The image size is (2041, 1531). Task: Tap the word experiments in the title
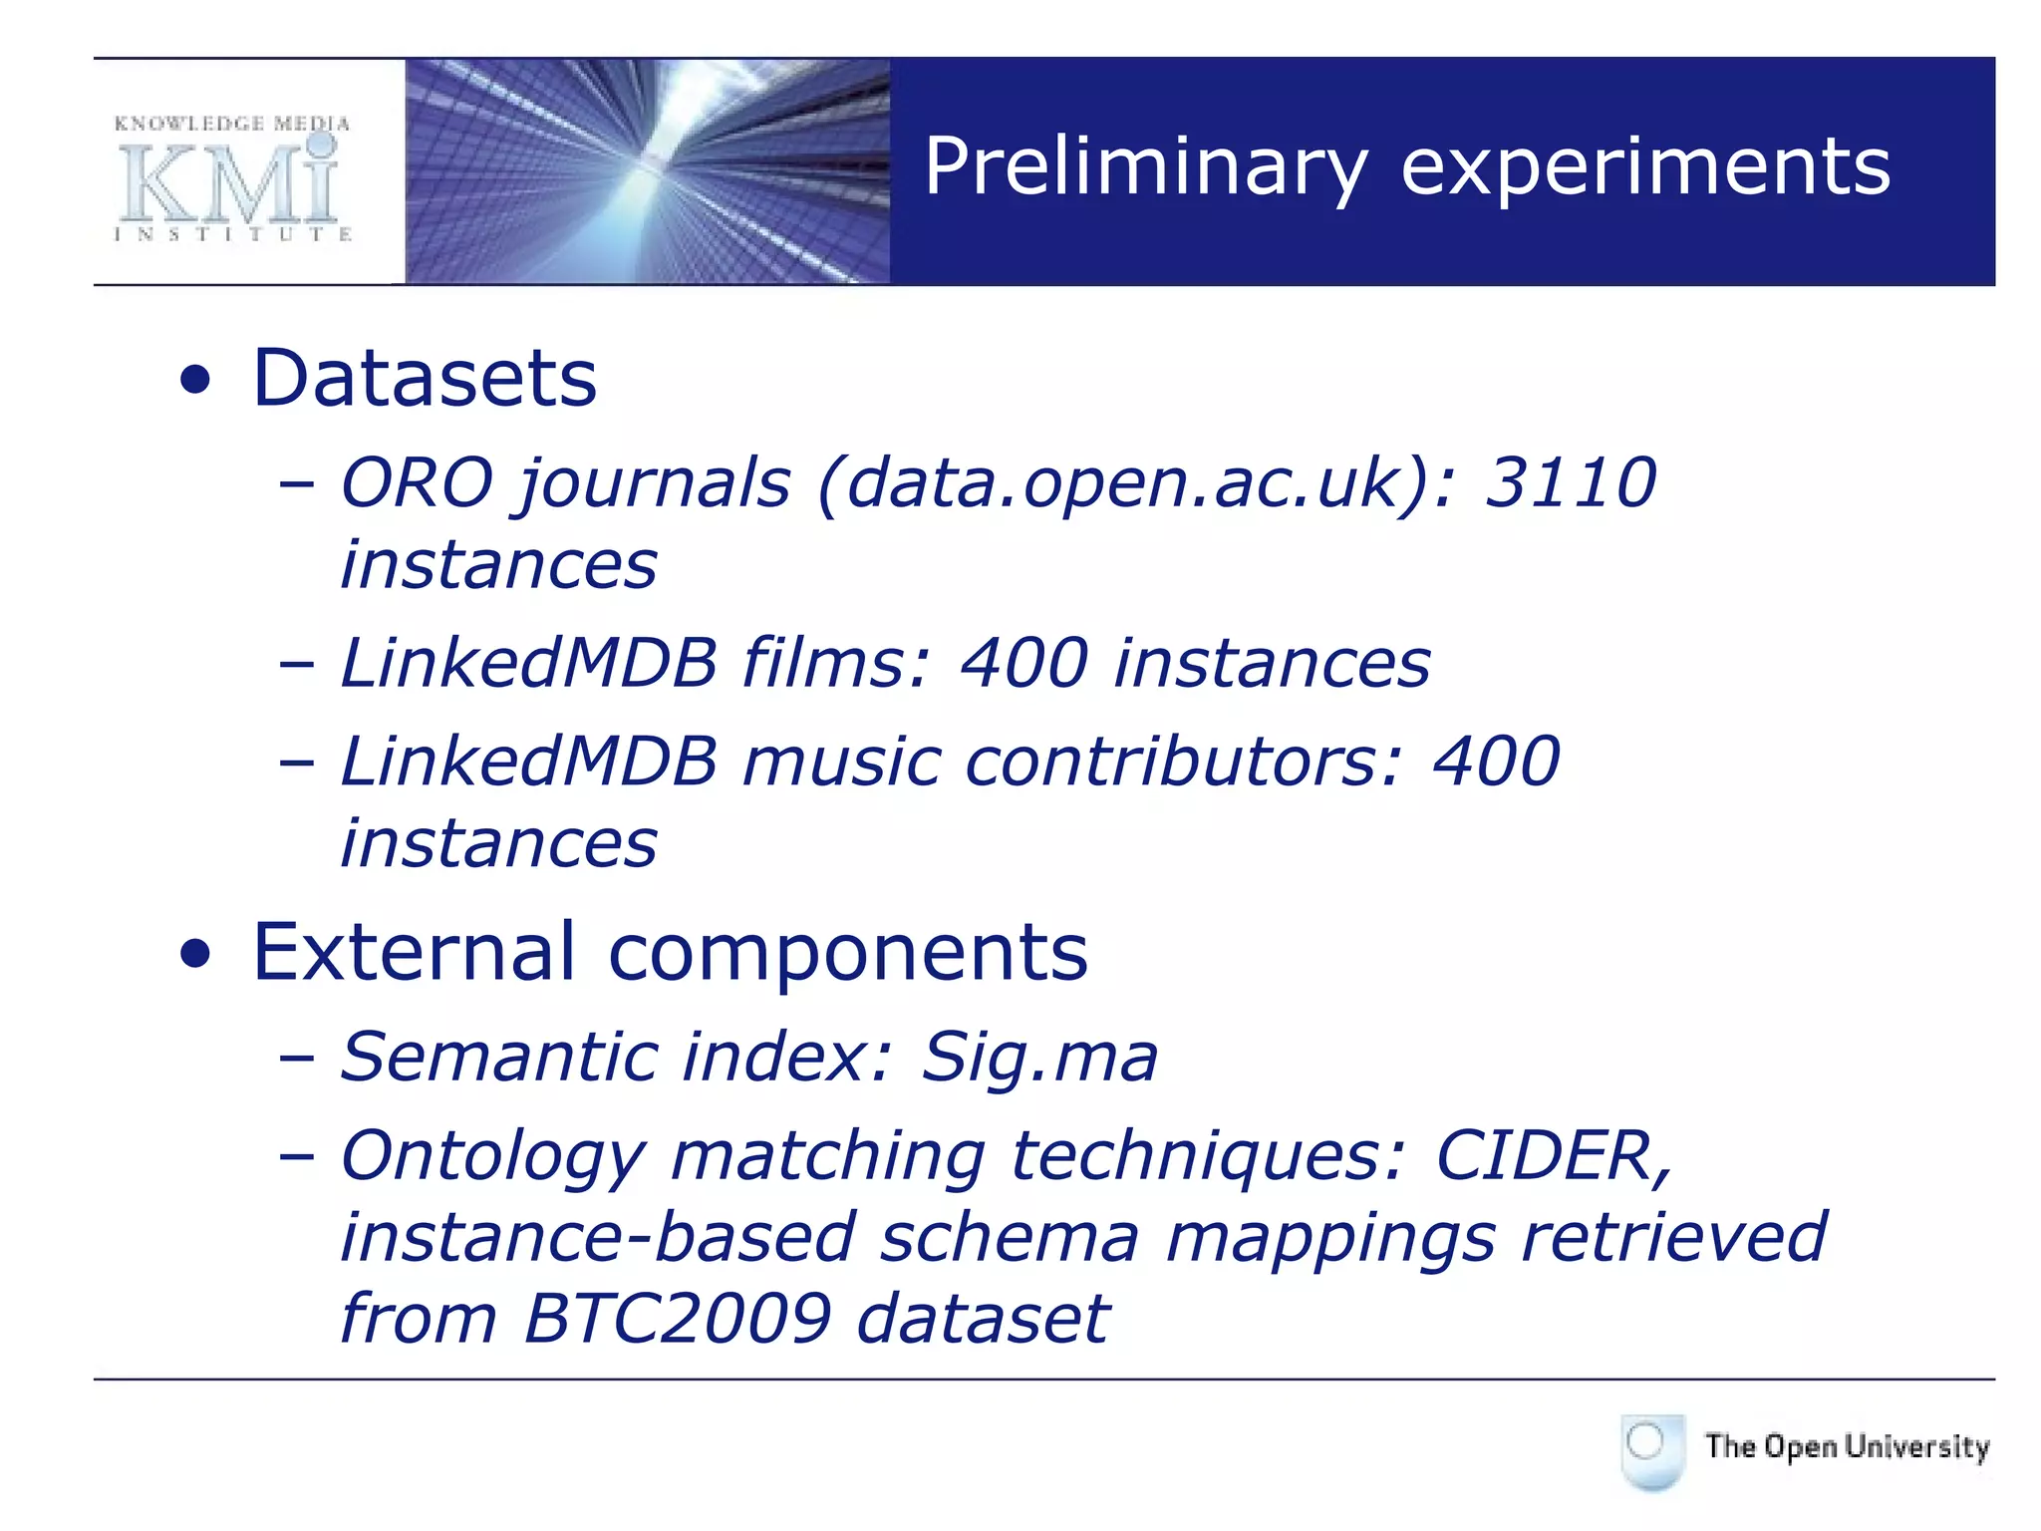(x=1644, y=166)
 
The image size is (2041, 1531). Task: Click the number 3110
(x=1570, y=482)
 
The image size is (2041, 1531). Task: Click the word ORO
(x=417, y=482)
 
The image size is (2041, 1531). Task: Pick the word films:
(x=835, y=663)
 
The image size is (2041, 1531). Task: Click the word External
(x=414, y=951)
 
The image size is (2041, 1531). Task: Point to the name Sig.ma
(x=1038, y=1057)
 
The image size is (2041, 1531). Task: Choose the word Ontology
(x=493, y=1158)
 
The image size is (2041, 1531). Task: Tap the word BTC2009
(x=678, y=1318)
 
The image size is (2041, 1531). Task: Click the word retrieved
(x=1674, y=1237)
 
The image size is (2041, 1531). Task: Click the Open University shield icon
(x=1651, y=1450)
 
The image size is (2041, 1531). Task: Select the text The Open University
(x=1847, y=1446)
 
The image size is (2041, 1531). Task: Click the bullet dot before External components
(x=196, y=954)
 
